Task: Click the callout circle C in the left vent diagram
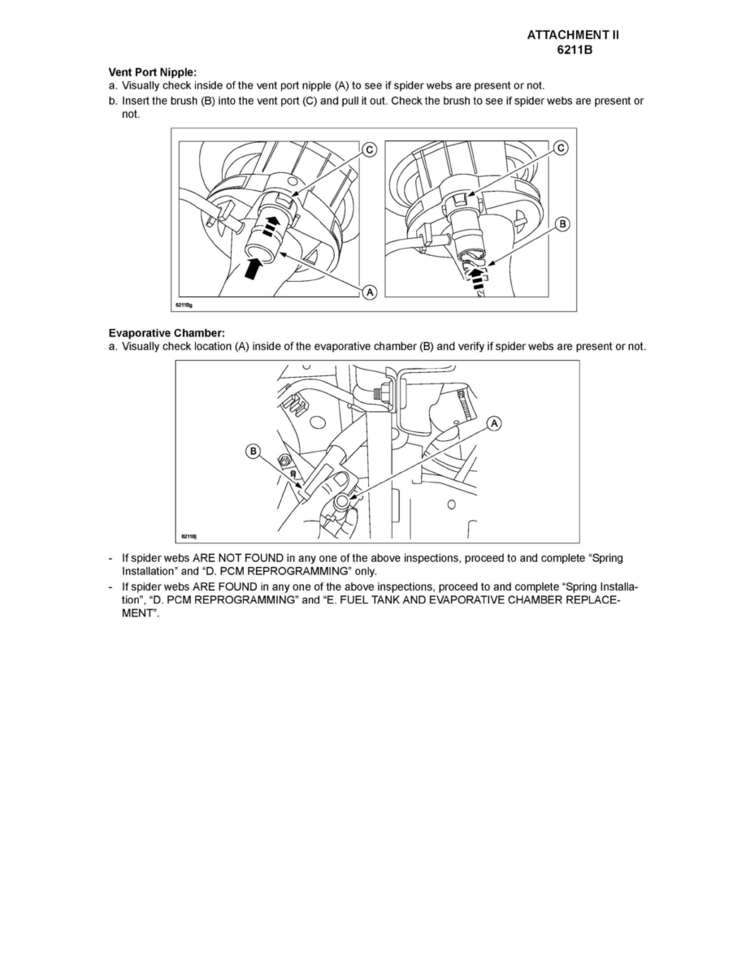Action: pyautogui.click(x=368, y=149)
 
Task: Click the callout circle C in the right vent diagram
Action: pyautogui.click(x=561, y=148)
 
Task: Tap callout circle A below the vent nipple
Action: pyautogui.click(x=368, y=291)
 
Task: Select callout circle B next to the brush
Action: pyautogui.click(x=561, y=222)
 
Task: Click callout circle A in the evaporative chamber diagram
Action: pyautogui.click(x=493, y=423)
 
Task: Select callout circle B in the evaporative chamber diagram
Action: pyautogui.click(x=254, y=451)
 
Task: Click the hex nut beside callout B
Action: pyautogui.click(x=286, y=462)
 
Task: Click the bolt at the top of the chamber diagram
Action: pyautogui.click(x=378, y=393)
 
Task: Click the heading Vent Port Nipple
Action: pyautogui.click(x=153, y=73)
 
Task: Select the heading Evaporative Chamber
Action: pyautogui.click(x=167, y=333)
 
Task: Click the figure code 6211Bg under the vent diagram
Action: pyautogui.click(x=183, y=305)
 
